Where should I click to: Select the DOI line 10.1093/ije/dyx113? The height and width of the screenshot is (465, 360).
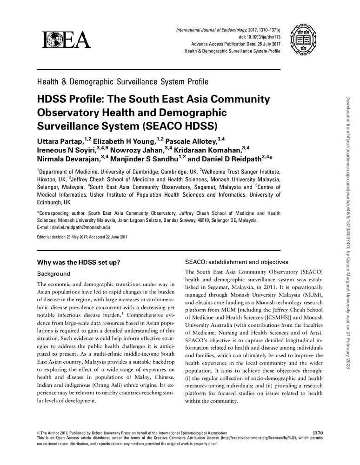(257, 37)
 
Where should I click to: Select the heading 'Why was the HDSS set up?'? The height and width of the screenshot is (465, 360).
(79, 262)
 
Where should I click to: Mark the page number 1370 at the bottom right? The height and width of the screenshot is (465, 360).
(315, 433)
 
